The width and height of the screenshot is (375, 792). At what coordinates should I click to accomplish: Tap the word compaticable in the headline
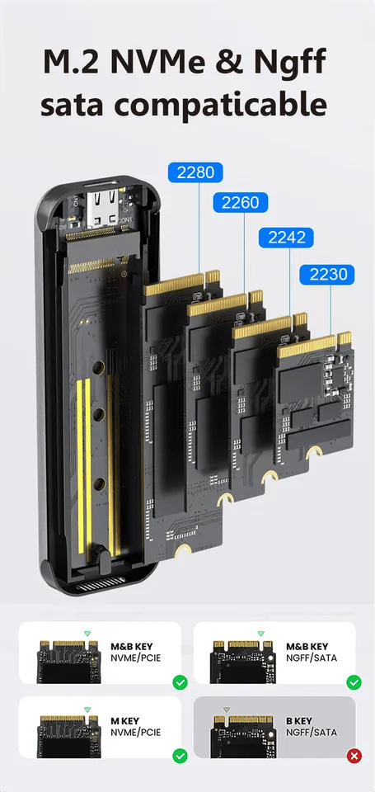click(228, 105)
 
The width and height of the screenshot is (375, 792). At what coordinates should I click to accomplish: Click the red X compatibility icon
click(354, 756)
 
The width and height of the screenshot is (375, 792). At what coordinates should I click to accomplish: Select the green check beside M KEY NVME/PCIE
click(179, 756)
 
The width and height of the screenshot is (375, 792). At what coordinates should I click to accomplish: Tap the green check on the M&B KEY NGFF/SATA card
click(354, 681)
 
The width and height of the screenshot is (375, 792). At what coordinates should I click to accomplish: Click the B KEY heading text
click(301, 720)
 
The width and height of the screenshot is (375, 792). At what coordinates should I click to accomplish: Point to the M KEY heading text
click(124, 720)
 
